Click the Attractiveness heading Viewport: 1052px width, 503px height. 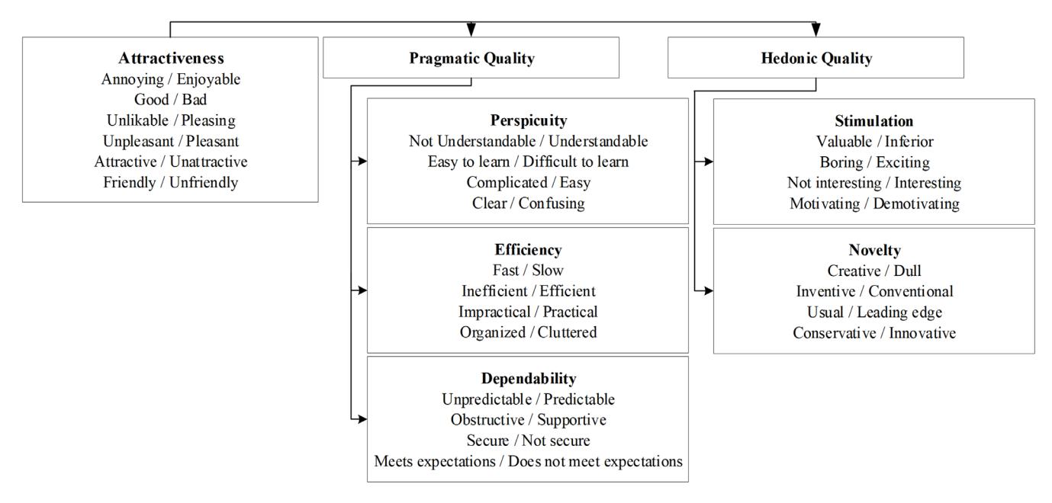[171, 58]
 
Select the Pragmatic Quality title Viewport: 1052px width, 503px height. [471, 58]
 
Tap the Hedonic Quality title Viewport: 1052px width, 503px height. [816, 58]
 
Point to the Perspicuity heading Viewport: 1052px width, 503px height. [529, 120]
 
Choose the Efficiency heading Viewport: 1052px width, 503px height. [528, 250]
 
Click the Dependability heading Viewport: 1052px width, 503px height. [529, 379]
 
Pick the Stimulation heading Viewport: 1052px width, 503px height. [874, 121]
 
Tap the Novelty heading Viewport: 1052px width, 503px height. [874, 250]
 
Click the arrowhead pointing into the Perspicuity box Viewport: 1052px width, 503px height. [362, 161]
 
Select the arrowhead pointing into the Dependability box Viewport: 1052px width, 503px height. [362, 418]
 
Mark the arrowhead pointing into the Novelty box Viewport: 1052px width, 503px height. [708, 291]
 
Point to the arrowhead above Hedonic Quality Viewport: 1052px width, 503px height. [816, 30]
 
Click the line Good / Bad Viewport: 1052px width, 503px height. [170, 100]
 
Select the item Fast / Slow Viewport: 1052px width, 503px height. [528, 271]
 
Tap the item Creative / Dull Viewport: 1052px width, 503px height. [874, 271]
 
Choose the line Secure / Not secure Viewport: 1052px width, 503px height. [529, 441]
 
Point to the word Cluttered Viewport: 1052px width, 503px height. [567, 332]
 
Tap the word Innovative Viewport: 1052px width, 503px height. [922, 333]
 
